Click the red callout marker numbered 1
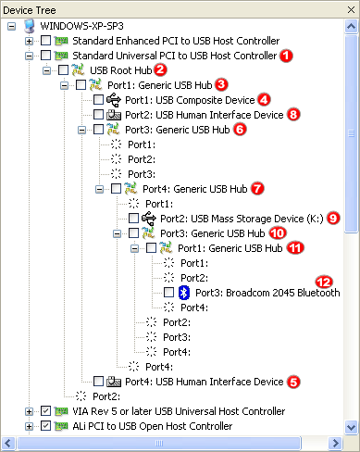pos(286,56)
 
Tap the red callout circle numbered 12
pos(323,280)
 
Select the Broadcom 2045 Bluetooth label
pos(267,293)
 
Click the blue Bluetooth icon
pos(183,293)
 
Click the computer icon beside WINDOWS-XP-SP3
pos(30,26)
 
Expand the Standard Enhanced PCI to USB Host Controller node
pos(30,41)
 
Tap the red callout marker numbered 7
pos(257,188)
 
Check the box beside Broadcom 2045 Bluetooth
pos(168,293)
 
